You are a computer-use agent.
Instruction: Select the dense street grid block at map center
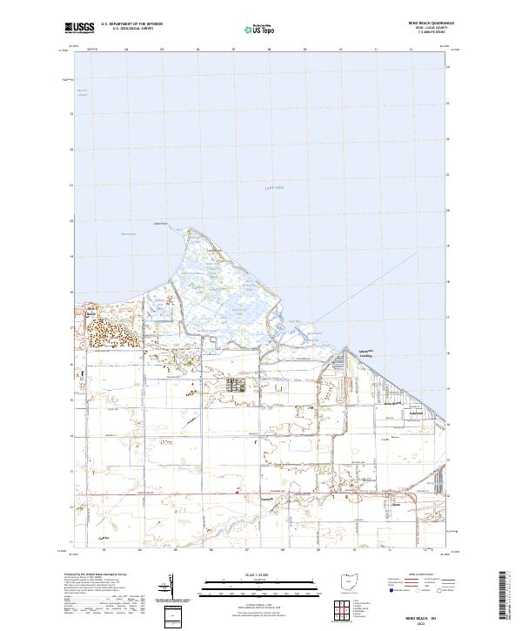tap(237, 385)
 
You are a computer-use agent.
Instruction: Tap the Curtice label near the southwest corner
tap(101, 540)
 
